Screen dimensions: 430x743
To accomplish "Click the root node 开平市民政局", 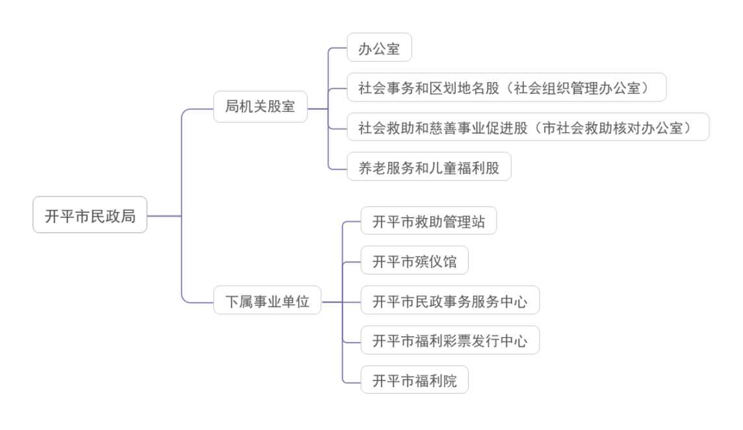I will (x=90, y=215).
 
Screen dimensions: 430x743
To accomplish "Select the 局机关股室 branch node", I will (x=260, y=107).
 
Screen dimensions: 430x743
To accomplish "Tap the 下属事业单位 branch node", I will (x=267, y=301).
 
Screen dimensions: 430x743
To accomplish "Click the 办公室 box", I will (x=379, y=47).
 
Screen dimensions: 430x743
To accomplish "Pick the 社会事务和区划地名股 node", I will (x=506, y=87).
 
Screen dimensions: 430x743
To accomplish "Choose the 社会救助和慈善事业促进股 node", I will (x=527, y=127).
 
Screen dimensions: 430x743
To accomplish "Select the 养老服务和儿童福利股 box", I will (x=428, y=167).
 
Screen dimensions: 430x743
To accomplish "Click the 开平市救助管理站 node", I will (x=428, y=221).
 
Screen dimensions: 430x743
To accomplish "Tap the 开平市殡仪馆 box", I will (x=414, y=261).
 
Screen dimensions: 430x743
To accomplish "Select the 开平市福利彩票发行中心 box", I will (x=450, y=340).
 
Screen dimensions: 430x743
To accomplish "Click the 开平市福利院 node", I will (x=414, y=380).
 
